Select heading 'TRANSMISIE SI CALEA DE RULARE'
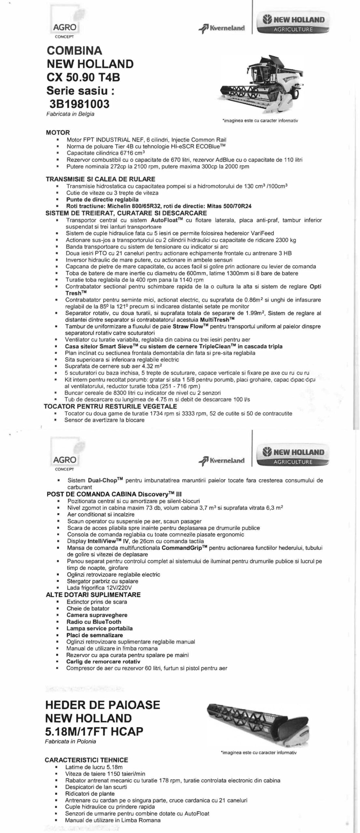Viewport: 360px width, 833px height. point(101,179)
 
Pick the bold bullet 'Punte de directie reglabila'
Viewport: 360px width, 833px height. point(102,199)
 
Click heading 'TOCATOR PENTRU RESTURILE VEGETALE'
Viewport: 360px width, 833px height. point(110,406)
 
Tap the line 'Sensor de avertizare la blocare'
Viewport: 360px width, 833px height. point(104,420)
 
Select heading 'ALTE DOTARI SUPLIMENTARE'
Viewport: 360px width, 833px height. point(94,594)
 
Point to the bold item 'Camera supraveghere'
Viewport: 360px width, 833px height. point(97,615)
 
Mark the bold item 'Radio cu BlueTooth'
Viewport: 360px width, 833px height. point(94,621)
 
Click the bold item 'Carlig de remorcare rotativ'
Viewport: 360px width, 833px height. point(103,662)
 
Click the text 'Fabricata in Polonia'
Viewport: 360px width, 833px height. point(71,732)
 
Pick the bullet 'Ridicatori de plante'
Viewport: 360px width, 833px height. point(90,794)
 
